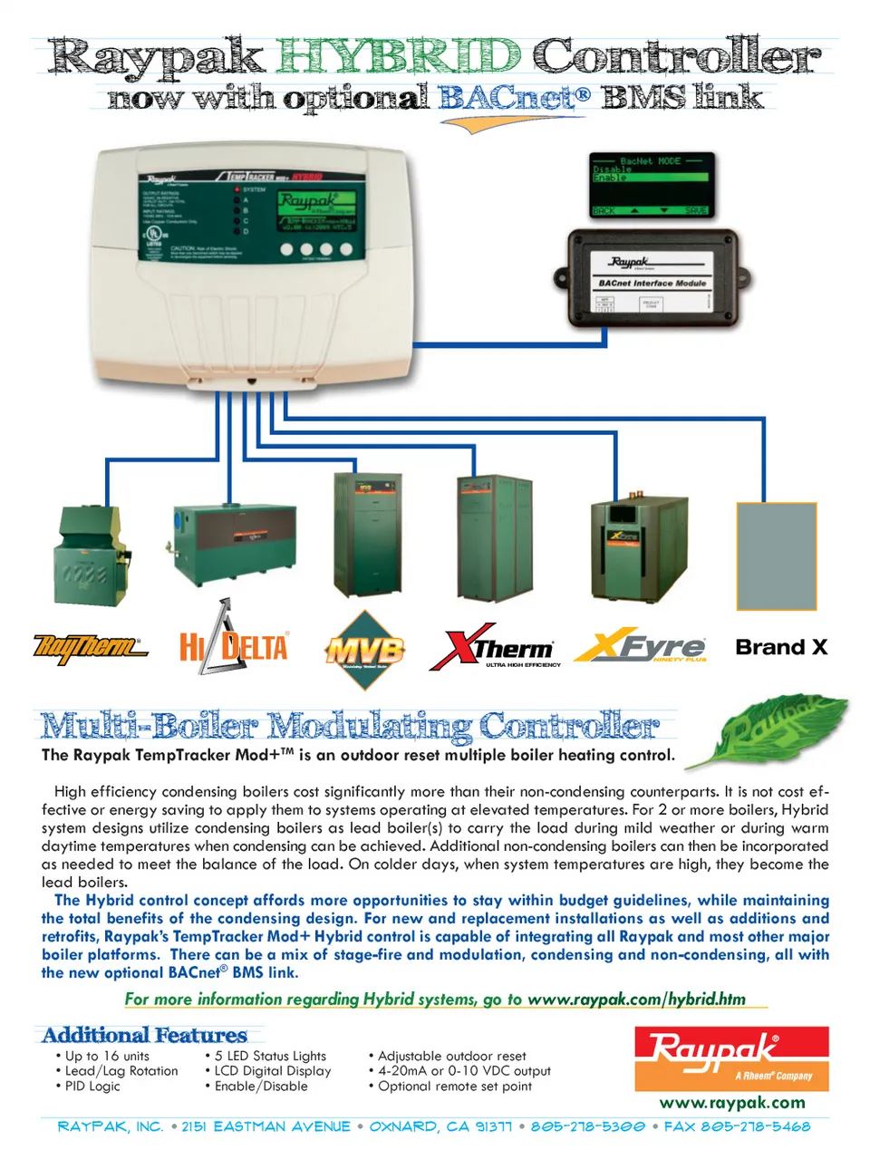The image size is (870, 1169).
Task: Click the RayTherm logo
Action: (90, 648)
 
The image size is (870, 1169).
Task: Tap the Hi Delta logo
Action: (233, 640)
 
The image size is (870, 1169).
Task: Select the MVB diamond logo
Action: (364, 651)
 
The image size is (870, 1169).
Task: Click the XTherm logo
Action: (495, 647)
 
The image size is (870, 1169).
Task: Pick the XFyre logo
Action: (641, 647)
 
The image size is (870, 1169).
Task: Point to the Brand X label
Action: (781, 647)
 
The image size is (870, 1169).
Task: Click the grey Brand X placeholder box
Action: (777, 556)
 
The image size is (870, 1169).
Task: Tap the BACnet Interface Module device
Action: (652, 279)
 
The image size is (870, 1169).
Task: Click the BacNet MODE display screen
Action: (652, 185)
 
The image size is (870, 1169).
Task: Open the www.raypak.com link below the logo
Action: (732, 1103)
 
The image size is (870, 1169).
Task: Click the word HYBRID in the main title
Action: (398, 56)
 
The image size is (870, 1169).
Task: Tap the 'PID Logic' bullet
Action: (92, 1086)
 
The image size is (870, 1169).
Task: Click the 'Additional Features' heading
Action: (145, 1035)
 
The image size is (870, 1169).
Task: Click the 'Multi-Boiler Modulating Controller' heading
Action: (350, 726)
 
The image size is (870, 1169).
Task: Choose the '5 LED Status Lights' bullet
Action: (270, 1056)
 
